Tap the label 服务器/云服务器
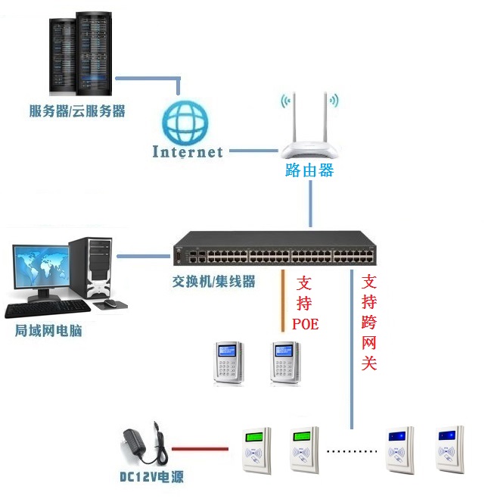[77, 111]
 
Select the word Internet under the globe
[188, 151]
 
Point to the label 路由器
[309, 170]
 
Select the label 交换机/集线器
[213, 282]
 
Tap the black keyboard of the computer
[47, 308]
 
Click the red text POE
[305, 325]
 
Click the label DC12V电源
[151, 477]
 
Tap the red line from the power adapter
[200, 449]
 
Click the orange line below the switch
[283, 299]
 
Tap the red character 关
[368, 363]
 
